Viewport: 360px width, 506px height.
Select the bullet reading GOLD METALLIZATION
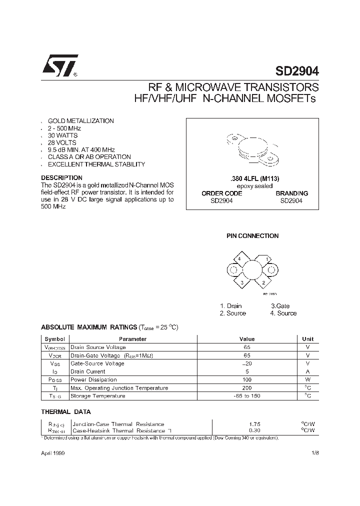pyautogui.click(x=80, y=121)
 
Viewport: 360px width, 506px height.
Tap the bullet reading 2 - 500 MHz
pyautogui.click(x=64, y=128)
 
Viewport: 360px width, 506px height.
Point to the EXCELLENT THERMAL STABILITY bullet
pyautogui.click(x=96, y=164)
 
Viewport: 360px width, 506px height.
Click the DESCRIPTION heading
pyautogui.click(x=61, y=177)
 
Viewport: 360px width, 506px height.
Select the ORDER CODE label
pyautogui.click(x=221, y=193)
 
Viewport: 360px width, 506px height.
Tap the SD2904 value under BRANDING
pyautogui.click(x=291, y=200)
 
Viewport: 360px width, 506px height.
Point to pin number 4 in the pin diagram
pyautogui.click(x=239, y=258)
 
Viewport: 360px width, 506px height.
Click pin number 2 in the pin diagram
pyautogui.click(x=263, y=282)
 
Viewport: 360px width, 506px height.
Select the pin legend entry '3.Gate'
pyautogui.click(x=280, y=306)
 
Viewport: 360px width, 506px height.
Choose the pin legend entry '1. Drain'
pyautogui.click(x=230, y=306)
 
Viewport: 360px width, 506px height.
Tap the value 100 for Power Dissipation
pyautogui.click(x=247, y=379)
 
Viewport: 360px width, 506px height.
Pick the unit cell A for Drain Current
pyautogui.click(x=308, y=371)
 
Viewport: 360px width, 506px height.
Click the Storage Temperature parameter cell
pyautogui.click(x=98, y=396)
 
